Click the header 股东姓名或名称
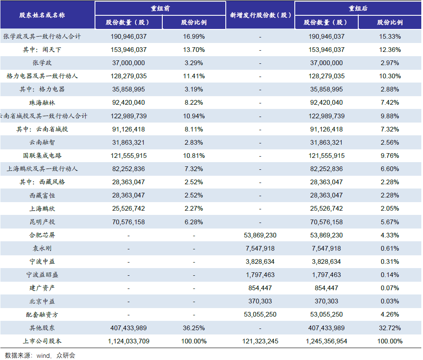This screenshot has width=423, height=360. tap(42, 15)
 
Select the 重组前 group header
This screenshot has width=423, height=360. tap(160, 9)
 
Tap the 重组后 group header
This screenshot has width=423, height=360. tap(358, 9)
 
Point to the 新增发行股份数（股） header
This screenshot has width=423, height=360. tap(260, 15)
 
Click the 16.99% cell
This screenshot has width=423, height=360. tap(194, 36)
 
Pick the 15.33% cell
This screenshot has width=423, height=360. tap(390, 36)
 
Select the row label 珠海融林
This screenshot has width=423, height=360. tap(42, 103)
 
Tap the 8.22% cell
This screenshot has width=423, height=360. tap(194, 103)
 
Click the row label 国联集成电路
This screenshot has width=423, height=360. tap(42, 155)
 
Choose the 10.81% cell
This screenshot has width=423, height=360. tap(194, 155)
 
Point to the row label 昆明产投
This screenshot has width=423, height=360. tap(42, 222)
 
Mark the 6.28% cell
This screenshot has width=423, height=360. tap(194, 222)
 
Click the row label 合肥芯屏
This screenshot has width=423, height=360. tap(42, 235)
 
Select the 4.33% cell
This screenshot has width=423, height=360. tap(390, 235)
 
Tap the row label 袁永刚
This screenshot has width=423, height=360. tap(42, 248)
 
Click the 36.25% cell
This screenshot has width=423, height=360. tap(194, 328)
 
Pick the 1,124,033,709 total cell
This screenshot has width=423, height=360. tap(129, 341)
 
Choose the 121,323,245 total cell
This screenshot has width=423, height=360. tap(260, 341)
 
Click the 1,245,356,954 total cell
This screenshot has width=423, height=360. tap(326, 341)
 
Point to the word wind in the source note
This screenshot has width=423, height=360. tap(43, 356)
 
